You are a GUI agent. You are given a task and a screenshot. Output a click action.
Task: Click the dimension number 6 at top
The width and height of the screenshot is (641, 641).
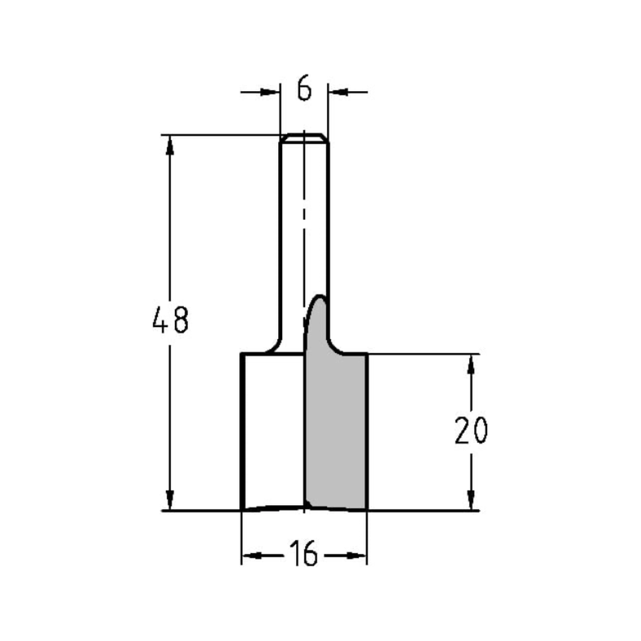point(304,90)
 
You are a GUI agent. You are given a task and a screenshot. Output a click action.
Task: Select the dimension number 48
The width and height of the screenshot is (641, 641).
point(171,320)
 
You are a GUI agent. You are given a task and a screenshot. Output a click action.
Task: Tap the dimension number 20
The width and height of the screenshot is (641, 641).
point(471,431)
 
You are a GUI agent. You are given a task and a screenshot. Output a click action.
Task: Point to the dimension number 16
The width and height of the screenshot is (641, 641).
point(304,554)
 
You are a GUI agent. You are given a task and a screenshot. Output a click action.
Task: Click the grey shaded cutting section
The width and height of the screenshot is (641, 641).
point(335,429)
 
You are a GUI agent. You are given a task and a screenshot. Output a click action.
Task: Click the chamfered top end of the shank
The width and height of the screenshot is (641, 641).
point(304,137)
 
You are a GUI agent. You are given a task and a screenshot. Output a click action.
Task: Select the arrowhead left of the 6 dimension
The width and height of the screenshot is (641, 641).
point(272,92)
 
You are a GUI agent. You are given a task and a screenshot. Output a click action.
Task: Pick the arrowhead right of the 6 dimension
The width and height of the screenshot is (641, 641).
point(337,92)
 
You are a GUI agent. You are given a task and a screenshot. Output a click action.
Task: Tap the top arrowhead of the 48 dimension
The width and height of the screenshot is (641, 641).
point(170,145)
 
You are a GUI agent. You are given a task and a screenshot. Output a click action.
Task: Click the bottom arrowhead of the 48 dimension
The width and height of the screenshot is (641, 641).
point(170,501)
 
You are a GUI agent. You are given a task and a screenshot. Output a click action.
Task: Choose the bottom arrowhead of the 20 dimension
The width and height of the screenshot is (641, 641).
point(471,501)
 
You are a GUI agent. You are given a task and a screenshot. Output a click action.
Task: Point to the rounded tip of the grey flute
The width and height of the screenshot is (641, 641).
point(318,298)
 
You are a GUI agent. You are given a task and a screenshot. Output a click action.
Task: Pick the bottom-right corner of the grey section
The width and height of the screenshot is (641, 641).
point(366,510)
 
